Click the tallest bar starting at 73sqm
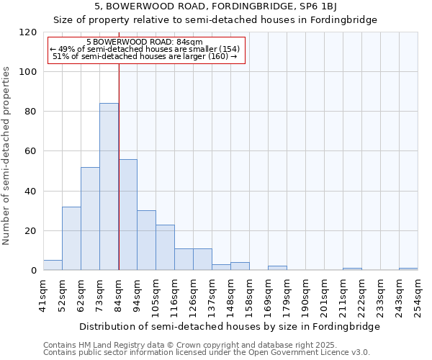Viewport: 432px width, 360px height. (109, 187)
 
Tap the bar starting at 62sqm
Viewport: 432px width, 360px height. (90, 219)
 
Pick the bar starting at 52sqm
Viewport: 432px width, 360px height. (71, 238)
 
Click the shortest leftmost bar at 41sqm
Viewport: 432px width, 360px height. (53, 265)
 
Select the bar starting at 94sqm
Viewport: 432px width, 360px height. (146, 240)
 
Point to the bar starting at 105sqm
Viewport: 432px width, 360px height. (165, 248)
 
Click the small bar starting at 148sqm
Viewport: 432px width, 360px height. (240, 266)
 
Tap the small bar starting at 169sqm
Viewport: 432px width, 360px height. (277, 268)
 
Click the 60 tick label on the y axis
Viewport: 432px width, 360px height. (31, 151)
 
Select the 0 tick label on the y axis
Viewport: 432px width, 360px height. (34, 271)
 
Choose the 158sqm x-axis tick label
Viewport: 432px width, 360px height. (249, 296)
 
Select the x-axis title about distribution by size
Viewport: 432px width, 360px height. (229, 326)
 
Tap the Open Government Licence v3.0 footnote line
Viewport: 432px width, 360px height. (207, 352)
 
